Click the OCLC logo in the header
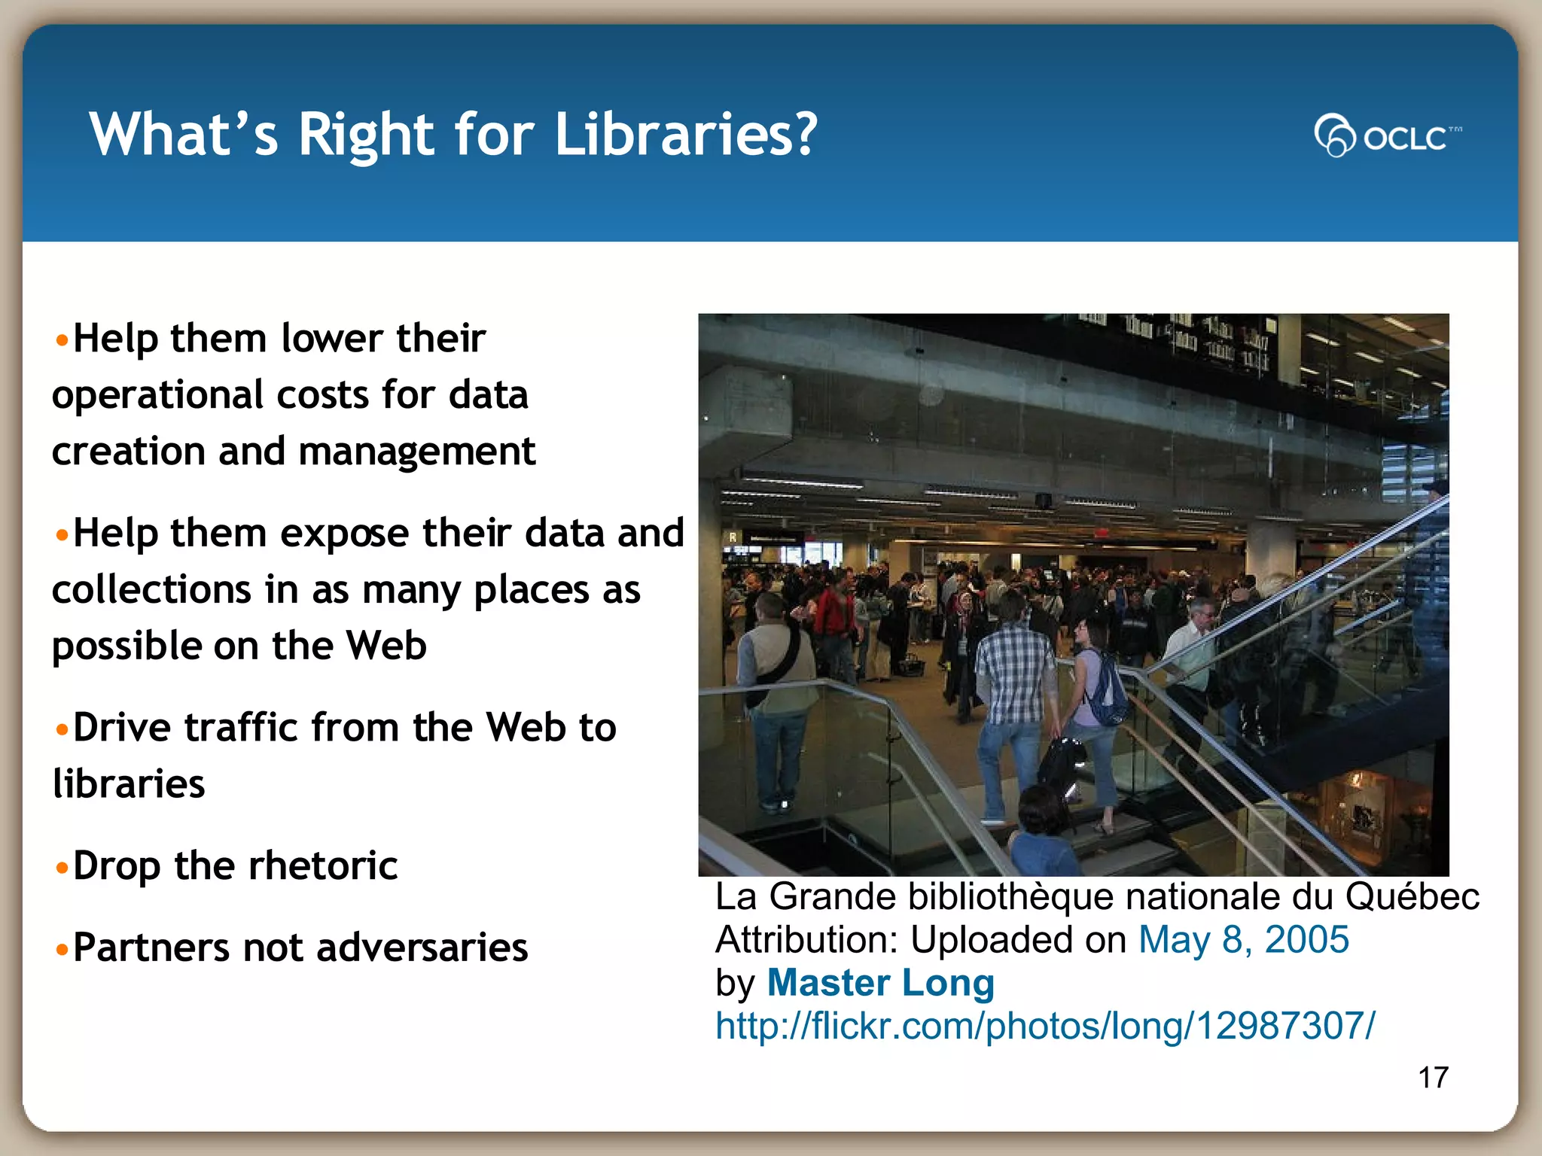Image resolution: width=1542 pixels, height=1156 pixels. [1387, 136]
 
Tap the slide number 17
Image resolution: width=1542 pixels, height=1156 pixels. [1433, 1078]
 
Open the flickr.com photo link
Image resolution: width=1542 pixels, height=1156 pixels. [1045, 1026]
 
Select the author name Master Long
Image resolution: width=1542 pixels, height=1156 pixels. [880, 983]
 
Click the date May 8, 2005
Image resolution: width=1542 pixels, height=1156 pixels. [1243, 940]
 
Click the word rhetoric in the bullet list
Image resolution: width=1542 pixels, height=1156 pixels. [323, 865]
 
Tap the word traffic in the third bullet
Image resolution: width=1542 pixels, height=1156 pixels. [241, 728]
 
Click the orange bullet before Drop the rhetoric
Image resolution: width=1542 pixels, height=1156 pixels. [62, 868]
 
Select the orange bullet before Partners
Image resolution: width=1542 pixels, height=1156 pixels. [62, 949]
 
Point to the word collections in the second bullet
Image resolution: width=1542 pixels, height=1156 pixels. [151, 589]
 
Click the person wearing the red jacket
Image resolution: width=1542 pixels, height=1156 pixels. [836, 617]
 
